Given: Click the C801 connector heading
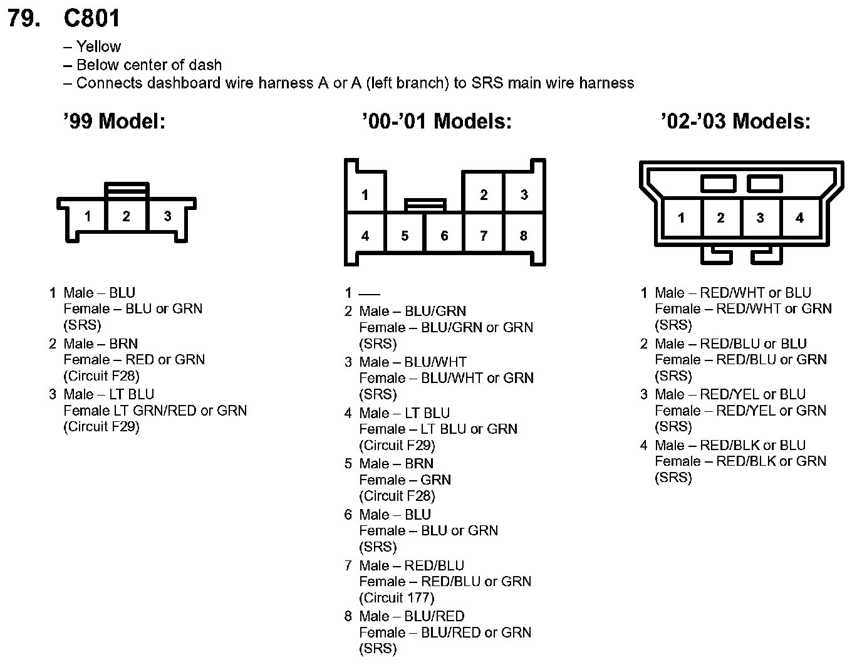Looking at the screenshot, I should click(x=91, y=19).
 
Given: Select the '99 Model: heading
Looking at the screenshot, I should click(x=115, y=121).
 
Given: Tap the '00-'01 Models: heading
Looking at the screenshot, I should click(x=437, y=121).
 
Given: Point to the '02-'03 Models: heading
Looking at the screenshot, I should click(x=735, y=121).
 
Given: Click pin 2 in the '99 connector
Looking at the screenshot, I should click(x=127, y=216).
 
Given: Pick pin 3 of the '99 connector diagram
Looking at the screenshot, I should click(x=167, y=216).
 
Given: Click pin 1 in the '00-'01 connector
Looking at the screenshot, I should click(x=365, y=195).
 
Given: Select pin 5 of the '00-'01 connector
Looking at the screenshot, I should click(x=405, y=236).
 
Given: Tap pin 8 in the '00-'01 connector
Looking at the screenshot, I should click(x=524, y=236).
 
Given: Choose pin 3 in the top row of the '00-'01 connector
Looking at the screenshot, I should click(x=524, y=195).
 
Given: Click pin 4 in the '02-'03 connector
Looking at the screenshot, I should click(x=799, y=218).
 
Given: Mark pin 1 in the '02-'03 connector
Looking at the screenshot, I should click(x=681, y=218).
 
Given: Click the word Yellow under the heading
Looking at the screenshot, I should click(x=98, y=47).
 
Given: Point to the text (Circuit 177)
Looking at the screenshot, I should click(x=397, y=598).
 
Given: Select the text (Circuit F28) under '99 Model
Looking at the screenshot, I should click(x=101, y=376).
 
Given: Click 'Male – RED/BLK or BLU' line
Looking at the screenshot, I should click(x=730, y=446).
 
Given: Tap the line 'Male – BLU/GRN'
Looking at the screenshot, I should click(x=413, y=312).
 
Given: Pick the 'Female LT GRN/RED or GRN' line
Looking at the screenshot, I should click(x=155, y=411).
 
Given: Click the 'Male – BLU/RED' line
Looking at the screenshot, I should click(x=412, y=616).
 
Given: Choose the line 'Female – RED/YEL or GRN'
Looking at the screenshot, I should click(x=740, y=411).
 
